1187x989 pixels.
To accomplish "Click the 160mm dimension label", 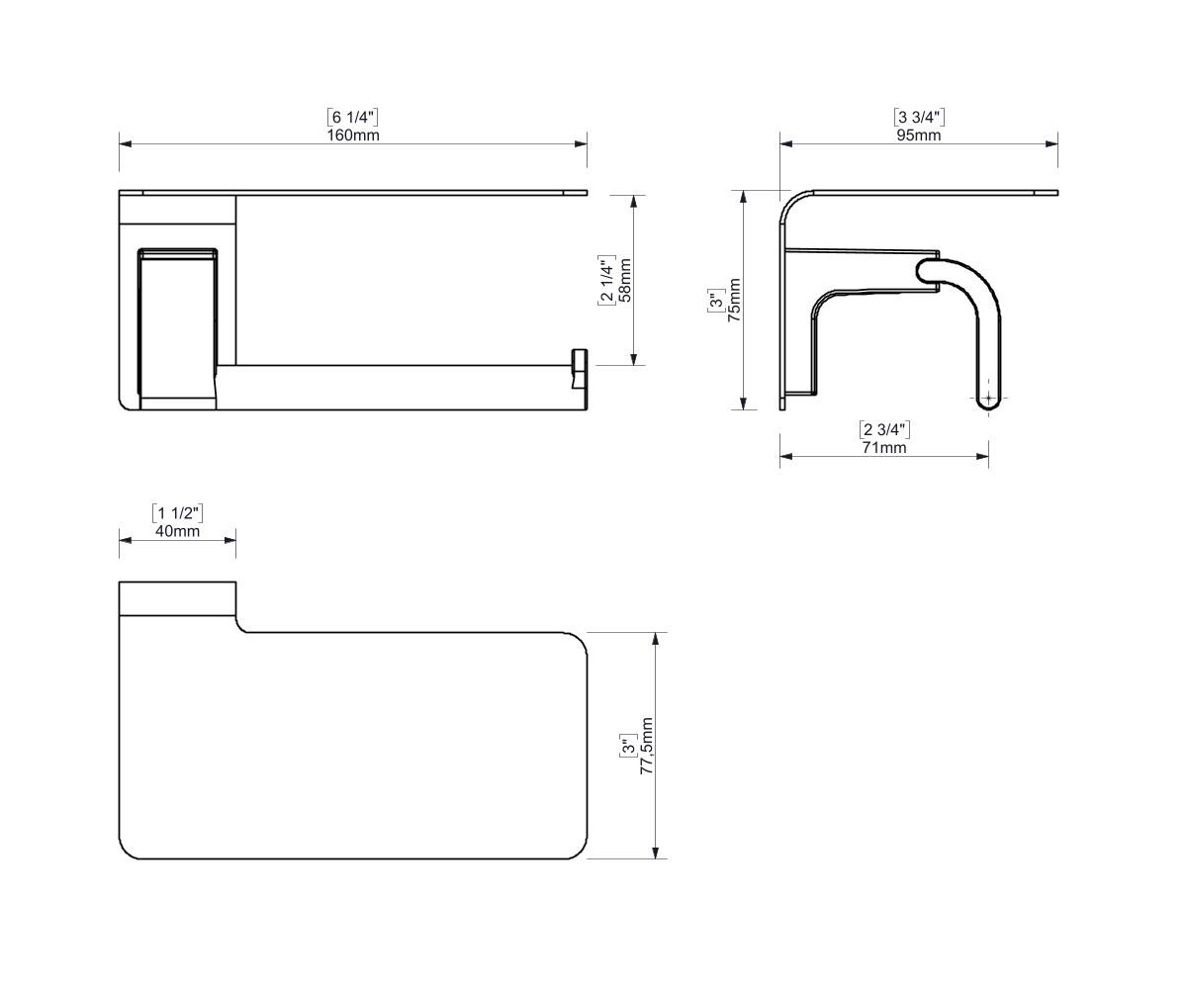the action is [353, 135].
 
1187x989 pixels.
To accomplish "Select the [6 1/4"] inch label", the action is [353, 118].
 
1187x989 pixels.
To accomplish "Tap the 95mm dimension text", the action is [919, 135].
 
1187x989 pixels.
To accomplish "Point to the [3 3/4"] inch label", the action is [919, 118].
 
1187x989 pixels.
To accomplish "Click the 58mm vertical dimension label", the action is [625, 280].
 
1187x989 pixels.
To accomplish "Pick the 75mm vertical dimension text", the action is [734, 300].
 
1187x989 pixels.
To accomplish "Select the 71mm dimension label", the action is [884, 448].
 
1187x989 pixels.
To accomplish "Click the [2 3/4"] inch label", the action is [884, 430].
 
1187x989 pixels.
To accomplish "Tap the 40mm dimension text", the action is [177, 531].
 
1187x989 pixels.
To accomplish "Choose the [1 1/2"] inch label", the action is [177, 513].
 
